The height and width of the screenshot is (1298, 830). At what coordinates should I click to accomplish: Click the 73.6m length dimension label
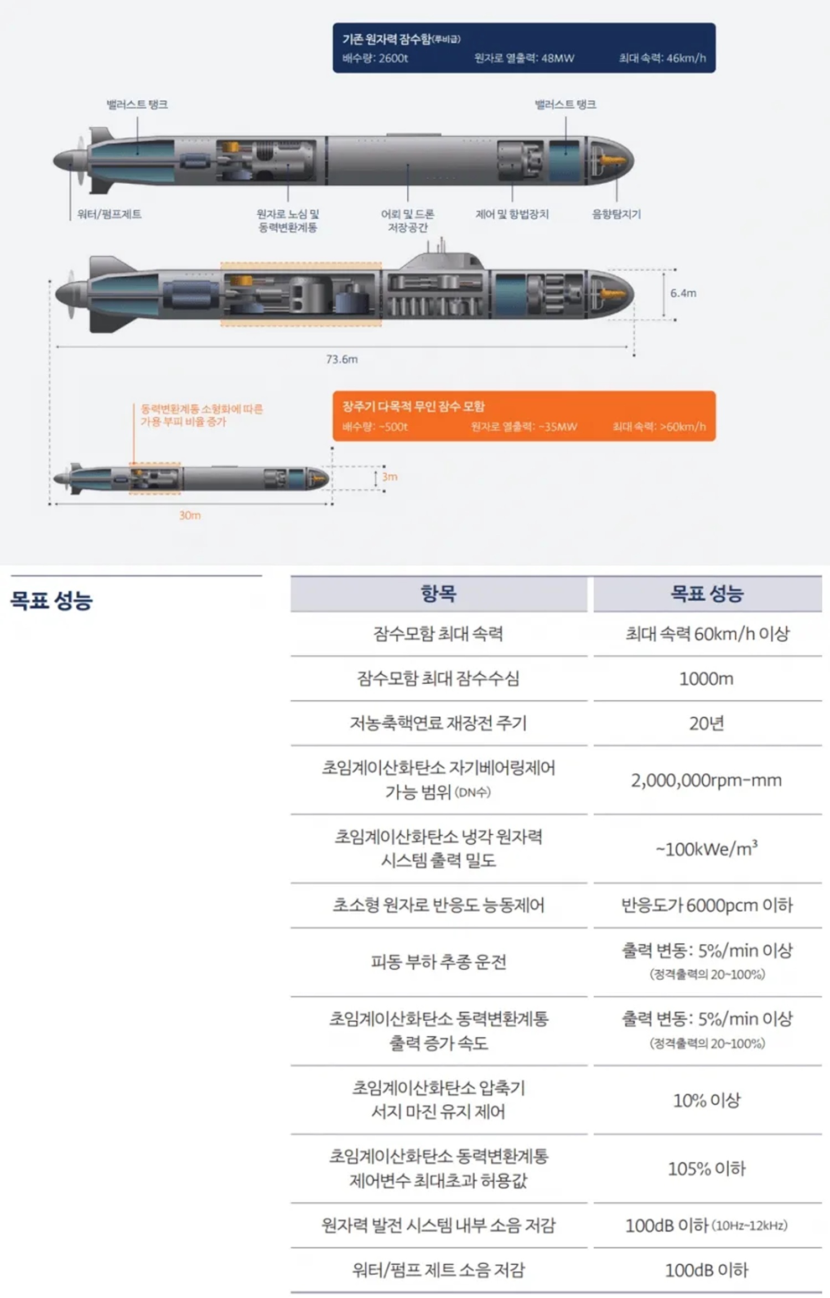342,359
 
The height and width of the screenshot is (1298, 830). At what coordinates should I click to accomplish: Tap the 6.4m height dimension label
683,293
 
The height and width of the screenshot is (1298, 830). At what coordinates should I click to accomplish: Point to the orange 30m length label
190,515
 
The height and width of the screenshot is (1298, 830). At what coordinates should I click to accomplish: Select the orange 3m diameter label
390,477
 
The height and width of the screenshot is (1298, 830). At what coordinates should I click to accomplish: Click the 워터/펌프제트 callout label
110,214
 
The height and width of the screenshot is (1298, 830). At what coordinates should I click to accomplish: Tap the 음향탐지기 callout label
616,214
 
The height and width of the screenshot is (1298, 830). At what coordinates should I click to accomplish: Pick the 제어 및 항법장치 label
512,214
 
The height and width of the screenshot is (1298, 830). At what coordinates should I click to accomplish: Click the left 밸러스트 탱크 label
137,104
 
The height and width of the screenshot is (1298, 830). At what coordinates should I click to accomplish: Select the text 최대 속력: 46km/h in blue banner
662,58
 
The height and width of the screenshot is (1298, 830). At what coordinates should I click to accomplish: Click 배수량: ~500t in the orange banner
375,427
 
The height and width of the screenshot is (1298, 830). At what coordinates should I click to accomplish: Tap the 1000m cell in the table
707,679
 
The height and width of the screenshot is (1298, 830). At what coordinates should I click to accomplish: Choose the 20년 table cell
707,723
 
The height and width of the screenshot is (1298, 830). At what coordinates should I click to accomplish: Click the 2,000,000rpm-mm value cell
707,780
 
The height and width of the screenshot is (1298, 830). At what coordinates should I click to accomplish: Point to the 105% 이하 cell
707,1168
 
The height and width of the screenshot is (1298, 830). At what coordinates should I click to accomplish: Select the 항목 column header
439,593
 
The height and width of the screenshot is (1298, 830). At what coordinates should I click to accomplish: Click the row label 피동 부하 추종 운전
439,962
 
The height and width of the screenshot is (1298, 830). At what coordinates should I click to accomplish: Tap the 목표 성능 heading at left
51,600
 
